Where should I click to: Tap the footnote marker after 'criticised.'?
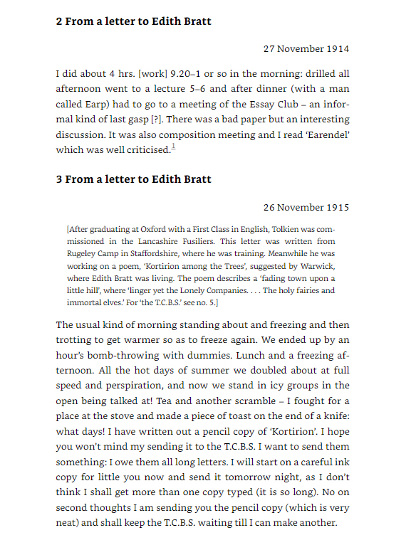pyautogui.click(x=172, y=147)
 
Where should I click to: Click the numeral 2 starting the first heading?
pyautogui.click(x=59, y=21)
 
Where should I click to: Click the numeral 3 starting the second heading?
pyautogui.click(x=59, y=179)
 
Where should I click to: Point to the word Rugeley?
pyautogui.click(x=82, y=252)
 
